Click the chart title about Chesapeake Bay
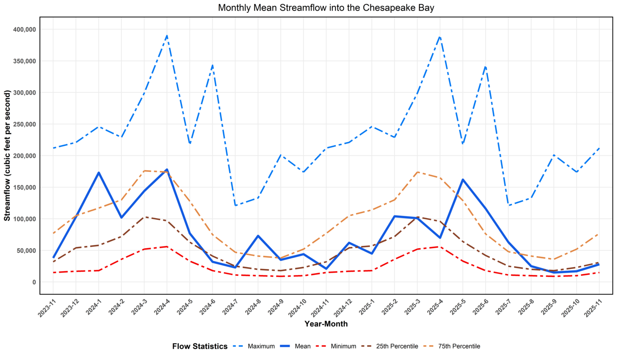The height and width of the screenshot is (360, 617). [326, 8]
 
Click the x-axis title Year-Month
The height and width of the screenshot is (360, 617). [326, 324]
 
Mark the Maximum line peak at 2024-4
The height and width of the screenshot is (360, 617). [167, 36]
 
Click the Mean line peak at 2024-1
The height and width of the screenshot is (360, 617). [98, 173]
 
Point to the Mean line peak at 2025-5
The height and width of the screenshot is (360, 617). [463, 180]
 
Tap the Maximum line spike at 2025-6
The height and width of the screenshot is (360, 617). [485, 67]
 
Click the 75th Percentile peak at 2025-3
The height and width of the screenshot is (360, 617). [417, 172]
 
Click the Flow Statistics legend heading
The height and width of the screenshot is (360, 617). [200, 346]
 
